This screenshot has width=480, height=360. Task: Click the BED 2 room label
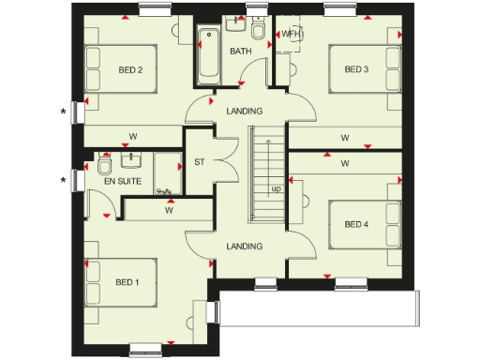[x=130, y=69]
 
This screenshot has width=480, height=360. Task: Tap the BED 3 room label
[x=356, y=69]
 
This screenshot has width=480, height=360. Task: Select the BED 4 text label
[x=356, y=224]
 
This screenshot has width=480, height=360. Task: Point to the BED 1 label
[x=127, y=282]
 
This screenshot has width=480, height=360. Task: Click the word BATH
[x=241, y=52]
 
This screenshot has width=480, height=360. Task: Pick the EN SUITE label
[x=123, y=181]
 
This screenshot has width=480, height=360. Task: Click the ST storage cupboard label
[x=199, y=162]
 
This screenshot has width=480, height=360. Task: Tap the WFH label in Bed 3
[x=293, y=36]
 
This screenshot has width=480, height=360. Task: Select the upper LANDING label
[x=245, y=112]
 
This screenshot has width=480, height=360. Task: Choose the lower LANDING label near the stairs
[x=245, y=247]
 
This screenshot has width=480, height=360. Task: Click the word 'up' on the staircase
[x=277, y=188]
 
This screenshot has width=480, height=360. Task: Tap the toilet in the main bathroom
[x=267, y=34]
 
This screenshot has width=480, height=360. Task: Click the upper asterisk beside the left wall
[x=64, y=112]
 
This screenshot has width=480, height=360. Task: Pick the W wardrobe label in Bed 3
[x=345, y=138]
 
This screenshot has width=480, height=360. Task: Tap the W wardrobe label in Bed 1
[x=170, y=210]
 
